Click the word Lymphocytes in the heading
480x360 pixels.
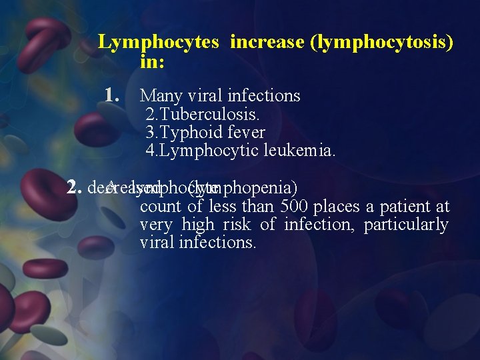pos(159,43)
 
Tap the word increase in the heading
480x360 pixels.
pos(266,43)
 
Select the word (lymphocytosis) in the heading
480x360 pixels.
pos(381,43)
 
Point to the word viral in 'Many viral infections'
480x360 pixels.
pos(201,96)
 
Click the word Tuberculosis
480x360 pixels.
pos(203,114)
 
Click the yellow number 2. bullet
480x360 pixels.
pos(74,187)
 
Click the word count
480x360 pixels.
pos(161,206)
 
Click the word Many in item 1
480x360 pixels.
pos(157,96)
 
